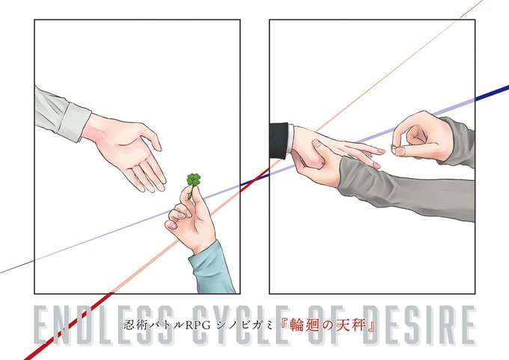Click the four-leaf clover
193,180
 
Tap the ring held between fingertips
394,149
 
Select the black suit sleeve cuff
278,140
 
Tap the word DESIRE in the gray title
419,325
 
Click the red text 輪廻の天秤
328,325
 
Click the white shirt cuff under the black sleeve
290,138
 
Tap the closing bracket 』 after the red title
371,326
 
